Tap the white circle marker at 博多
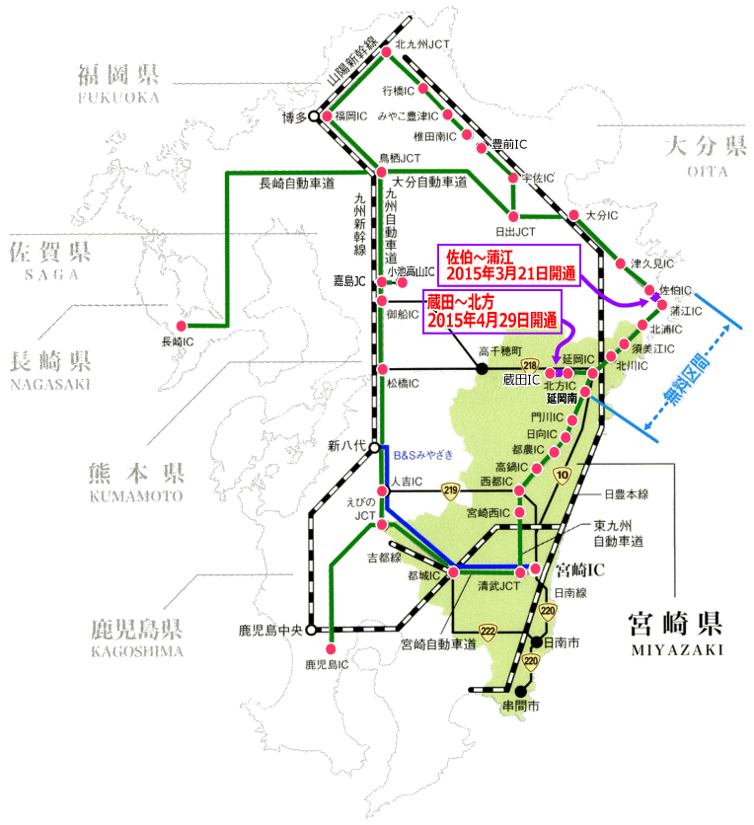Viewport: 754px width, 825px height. coord(313,116)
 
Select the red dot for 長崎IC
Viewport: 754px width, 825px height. coord(181,326)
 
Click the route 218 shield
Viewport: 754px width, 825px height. coord(529,364)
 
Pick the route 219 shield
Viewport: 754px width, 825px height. coord(451,488)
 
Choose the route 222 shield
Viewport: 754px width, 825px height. coord(488,631)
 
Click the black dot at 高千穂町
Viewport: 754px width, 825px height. coord(483,368)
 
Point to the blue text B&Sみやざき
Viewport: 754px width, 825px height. coord(424,454)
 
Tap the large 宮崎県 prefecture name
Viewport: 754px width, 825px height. coord(675,624)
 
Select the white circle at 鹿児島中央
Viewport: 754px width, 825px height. coord(310,629)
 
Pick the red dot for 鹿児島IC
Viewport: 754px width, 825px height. coord(329,648)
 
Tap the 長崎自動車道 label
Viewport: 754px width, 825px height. coord(297,184)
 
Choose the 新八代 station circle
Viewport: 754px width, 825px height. coord(374,447)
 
